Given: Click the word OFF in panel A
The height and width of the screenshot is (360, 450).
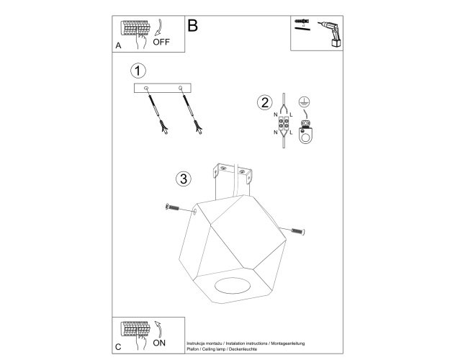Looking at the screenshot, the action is point(161,42).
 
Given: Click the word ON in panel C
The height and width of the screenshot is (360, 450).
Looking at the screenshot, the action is point(159,343).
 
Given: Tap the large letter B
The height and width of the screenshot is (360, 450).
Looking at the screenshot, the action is point(192,25).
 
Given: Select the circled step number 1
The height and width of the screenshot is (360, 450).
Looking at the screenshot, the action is point(138,71).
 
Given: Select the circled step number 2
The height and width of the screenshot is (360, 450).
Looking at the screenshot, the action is point(265,102).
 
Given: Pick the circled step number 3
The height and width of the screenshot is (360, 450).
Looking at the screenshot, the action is point(184,179).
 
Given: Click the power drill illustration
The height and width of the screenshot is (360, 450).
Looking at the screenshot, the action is point(330,34).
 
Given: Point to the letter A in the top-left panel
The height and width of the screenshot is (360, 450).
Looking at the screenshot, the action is point(118,45).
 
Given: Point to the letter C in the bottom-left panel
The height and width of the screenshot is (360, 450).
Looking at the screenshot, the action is point(118,347).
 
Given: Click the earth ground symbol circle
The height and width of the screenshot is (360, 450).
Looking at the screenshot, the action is point(305,102).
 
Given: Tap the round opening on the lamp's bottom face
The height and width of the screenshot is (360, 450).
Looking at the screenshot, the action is point(233,285).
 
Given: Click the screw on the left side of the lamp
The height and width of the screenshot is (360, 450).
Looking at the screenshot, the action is point(173,207).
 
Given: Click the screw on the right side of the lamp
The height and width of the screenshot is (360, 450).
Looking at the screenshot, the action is point(299,231).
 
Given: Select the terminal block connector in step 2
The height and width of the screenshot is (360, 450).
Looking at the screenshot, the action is point(283,124).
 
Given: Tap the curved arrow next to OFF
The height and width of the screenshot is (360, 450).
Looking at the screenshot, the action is point(158,27).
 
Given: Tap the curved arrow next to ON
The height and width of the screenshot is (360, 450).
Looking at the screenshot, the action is point(158,329).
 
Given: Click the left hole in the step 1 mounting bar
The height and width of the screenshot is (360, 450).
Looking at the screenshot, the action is point(146,88).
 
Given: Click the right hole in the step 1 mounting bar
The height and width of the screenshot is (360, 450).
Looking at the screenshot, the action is point(180,88).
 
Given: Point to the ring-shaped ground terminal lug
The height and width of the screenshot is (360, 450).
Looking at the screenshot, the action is point(305,135).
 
